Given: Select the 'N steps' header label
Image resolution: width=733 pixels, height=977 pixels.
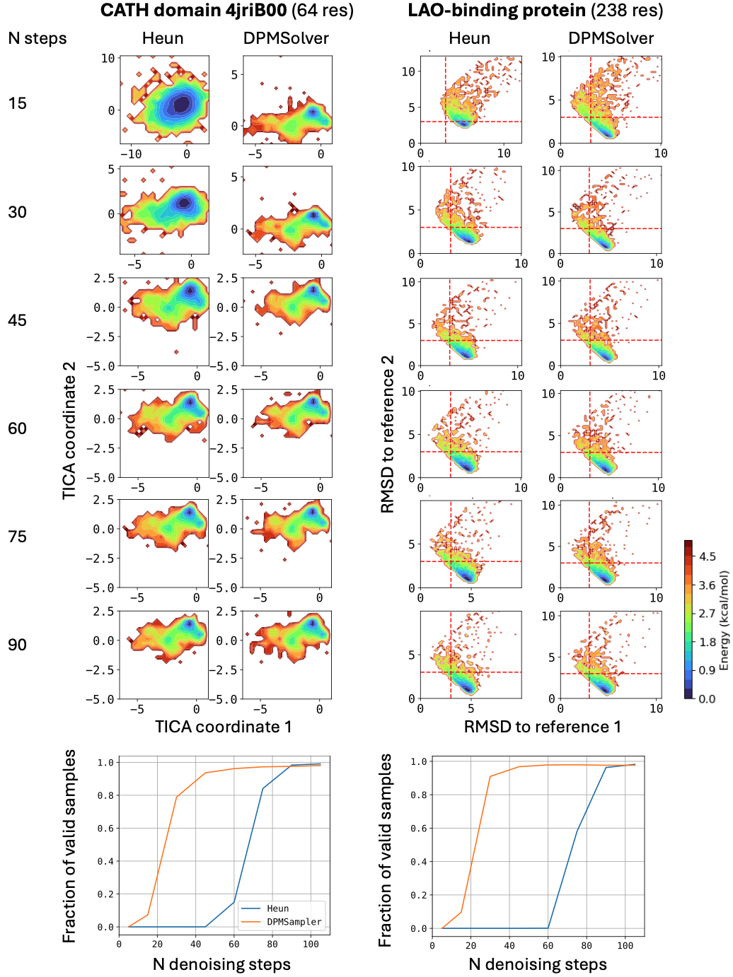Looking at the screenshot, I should click(37, 38).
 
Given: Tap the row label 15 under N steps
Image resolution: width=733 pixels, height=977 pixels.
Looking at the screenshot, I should click(17, 103).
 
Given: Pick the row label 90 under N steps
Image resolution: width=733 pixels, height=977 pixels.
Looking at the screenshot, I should click(17, 645).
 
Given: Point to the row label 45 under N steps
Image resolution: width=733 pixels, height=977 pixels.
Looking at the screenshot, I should click(17, 320).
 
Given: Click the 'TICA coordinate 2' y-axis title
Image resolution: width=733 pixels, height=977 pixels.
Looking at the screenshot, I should click(69, 431).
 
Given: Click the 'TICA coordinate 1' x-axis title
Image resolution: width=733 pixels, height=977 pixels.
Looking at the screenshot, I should click(223, 727).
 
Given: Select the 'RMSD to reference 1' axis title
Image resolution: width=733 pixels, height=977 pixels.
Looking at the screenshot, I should click(542, 727).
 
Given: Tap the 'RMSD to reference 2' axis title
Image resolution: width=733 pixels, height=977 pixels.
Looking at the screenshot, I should click(387, 433).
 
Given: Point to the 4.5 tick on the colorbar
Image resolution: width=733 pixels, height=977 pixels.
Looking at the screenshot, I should click(707, 556).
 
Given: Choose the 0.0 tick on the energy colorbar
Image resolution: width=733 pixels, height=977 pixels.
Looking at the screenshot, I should click(707, 698).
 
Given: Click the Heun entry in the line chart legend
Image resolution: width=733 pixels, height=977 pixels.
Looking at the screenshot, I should click(277, 908).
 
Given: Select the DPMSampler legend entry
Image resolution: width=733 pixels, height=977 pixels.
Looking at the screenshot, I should click(294, 922).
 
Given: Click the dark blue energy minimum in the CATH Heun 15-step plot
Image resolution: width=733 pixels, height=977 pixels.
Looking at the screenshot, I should click(182, 104).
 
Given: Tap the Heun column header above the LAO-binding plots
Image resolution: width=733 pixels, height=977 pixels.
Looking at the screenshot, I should click(469, 38).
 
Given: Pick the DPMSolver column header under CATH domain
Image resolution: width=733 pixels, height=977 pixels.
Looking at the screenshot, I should click(286, 38).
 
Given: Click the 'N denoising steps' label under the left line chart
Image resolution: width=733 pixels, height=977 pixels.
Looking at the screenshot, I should click(221, 964).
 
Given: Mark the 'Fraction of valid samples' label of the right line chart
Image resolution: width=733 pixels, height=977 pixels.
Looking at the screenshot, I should click(385, 850).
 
